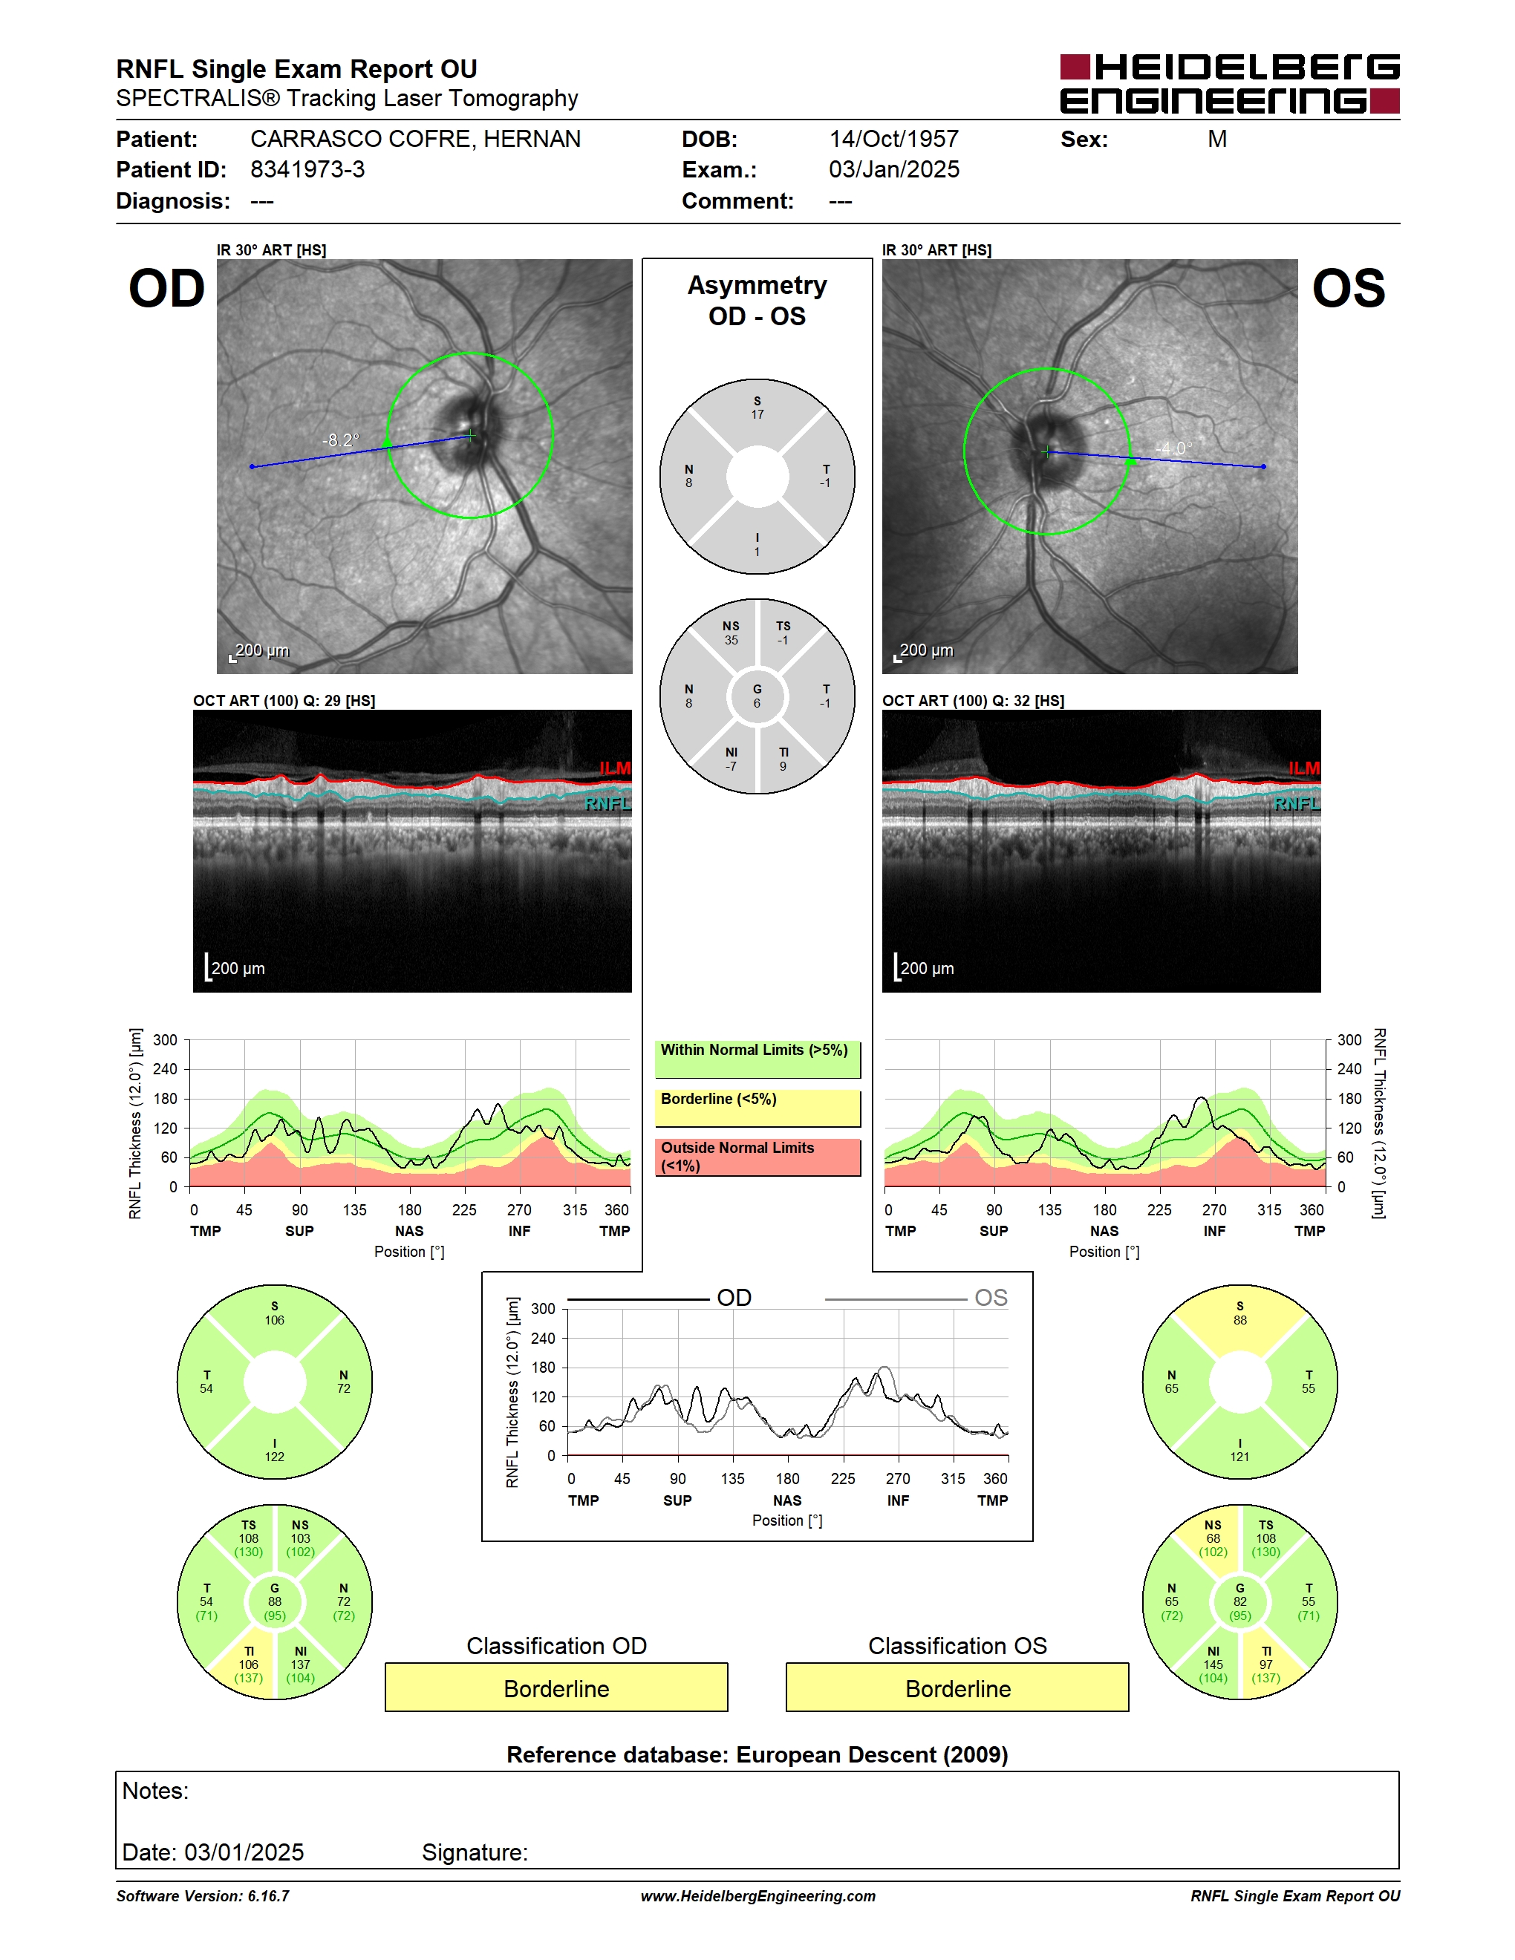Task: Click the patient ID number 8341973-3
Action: click(x=307, y=169)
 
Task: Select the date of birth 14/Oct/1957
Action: click(x=894, y=139)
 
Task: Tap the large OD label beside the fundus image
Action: click(x=167, y=289)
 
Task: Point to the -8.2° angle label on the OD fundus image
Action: click(x=340, y=440)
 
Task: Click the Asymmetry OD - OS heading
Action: click(x=757, y=301)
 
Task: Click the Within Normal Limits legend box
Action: click(x=757, y=1059)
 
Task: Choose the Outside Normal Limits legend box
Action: click(x=757, y=1157)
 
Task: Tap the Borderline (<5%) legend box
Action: click(x=757, y=1108)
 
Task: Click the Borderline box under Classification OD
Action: click(x=556, y=1688)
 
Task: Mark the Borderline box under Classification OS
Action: click(x=958, y=1688)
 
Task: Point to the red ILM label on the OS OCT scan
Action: click(x=1304, y=768)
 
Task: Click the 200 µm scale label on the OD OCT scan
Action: click(x=238, y=968)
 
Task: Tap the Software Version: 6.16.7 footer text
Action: click(x=203, y=1895)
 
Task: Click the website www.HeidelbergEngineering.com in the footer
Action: click(x=757, y=1895)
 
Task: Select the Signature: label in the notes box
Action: click(x=475, y=1852)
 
